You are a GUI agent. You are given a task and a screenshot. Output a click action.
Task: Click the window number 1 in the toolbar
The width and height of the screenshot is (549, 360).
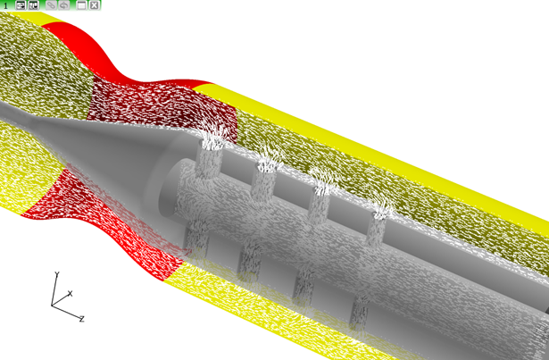click(x=5, y=5)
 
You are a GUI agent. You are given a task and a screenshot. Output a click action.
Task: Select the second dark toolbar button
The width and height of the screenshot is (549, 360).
click(x=34, y=5)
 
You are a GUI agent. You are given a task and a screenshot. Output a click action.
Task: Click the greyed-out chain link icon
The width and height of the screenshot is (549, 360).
click(x=51, y=5)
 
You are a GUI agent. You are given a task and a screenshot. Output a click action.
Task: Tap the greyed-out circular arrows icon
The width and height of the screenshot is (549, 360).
click(x=63, y=5)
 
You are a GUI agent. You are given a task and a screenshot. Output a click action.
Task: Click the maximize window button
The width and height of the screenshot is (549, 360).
click(x=81, y=5)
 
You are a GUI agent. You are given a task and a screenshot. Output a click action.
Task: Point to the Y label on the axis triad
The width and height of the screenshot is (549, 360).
click(x=57, y=274)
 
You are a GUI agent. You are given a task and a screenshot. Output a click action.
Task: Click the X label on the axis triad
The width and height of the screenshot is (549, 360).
click(x=70, y=293)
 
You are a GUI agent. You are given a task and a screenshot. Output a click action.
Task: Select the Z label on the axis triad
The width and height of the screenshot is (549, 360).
click(x=81, y=319)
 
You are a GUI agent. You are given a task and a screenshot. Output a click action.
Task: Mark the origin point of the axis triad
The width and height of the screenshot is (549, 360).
click(x=52, y=306)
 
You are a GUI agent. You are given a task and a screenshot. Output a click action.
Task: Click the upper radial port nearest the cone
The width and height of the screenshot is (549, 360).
click(x=209, y=158)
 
